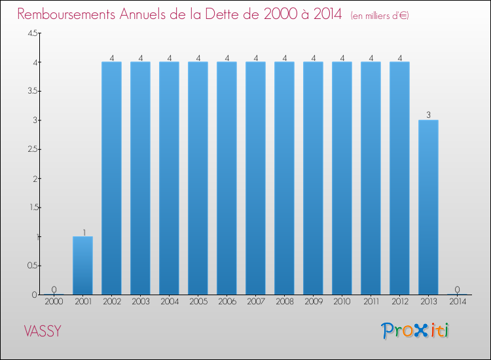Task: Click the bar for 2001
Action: click(82, 265)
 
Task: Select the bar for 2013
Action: click(428, 207)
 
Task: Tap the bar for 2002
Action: click(111, 178)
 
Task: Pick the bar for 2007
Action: click(255, 178)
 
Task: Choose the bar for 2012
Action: click(399, 178)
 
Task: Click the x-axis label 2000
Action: click(54, 302)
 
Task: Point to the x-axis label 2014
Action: click(457, 302)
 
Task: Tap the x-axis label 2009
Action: click(313, 302)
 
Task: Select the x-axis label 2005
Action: click(198, 302)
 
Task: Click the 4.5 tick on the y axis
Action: click(33, 33)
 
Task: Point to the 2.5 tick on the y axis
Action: click(33, 149)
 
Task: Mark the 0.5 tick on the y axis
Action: click(33, 265)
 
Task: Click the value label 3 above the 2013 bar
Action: click(428, 115)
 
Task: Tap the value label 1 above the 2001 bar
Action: click(84, 232)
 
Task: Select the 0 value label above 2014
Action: click(457, 289)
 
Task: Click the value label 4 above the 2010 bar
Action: click(342, 58)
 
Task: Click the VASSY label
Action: click(43, 331)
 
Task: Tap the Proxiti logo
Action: click(415, 331)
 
